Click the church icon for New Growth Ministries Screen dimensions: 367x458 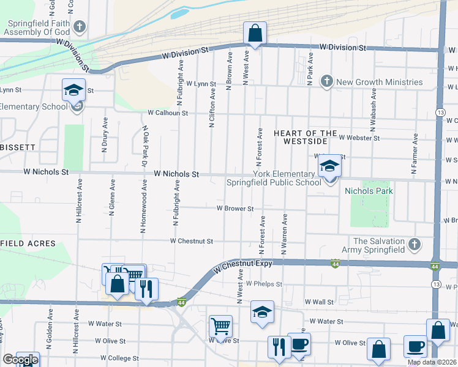point(327,82)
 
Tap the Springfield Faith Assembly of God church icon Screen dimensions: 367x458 point(80,27)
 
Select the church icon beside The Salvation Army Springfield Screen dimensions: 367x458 point(415,245)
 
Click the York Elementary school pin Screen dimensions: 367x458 point(329,167)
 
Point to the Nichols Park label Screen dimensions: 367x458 point(369,191)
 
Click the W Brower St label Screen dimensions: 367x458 point(235,209)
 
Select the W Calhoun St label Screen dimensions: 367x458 point(167,113)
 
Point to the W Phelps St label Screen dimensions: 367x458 point(263,284)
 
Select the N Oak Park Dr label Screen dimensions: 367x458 point(146,147)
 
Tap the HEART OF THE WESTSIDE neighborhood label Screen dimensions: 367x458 point(305,137)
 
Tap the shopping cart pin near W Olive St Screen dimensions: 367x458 point(220,326)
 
